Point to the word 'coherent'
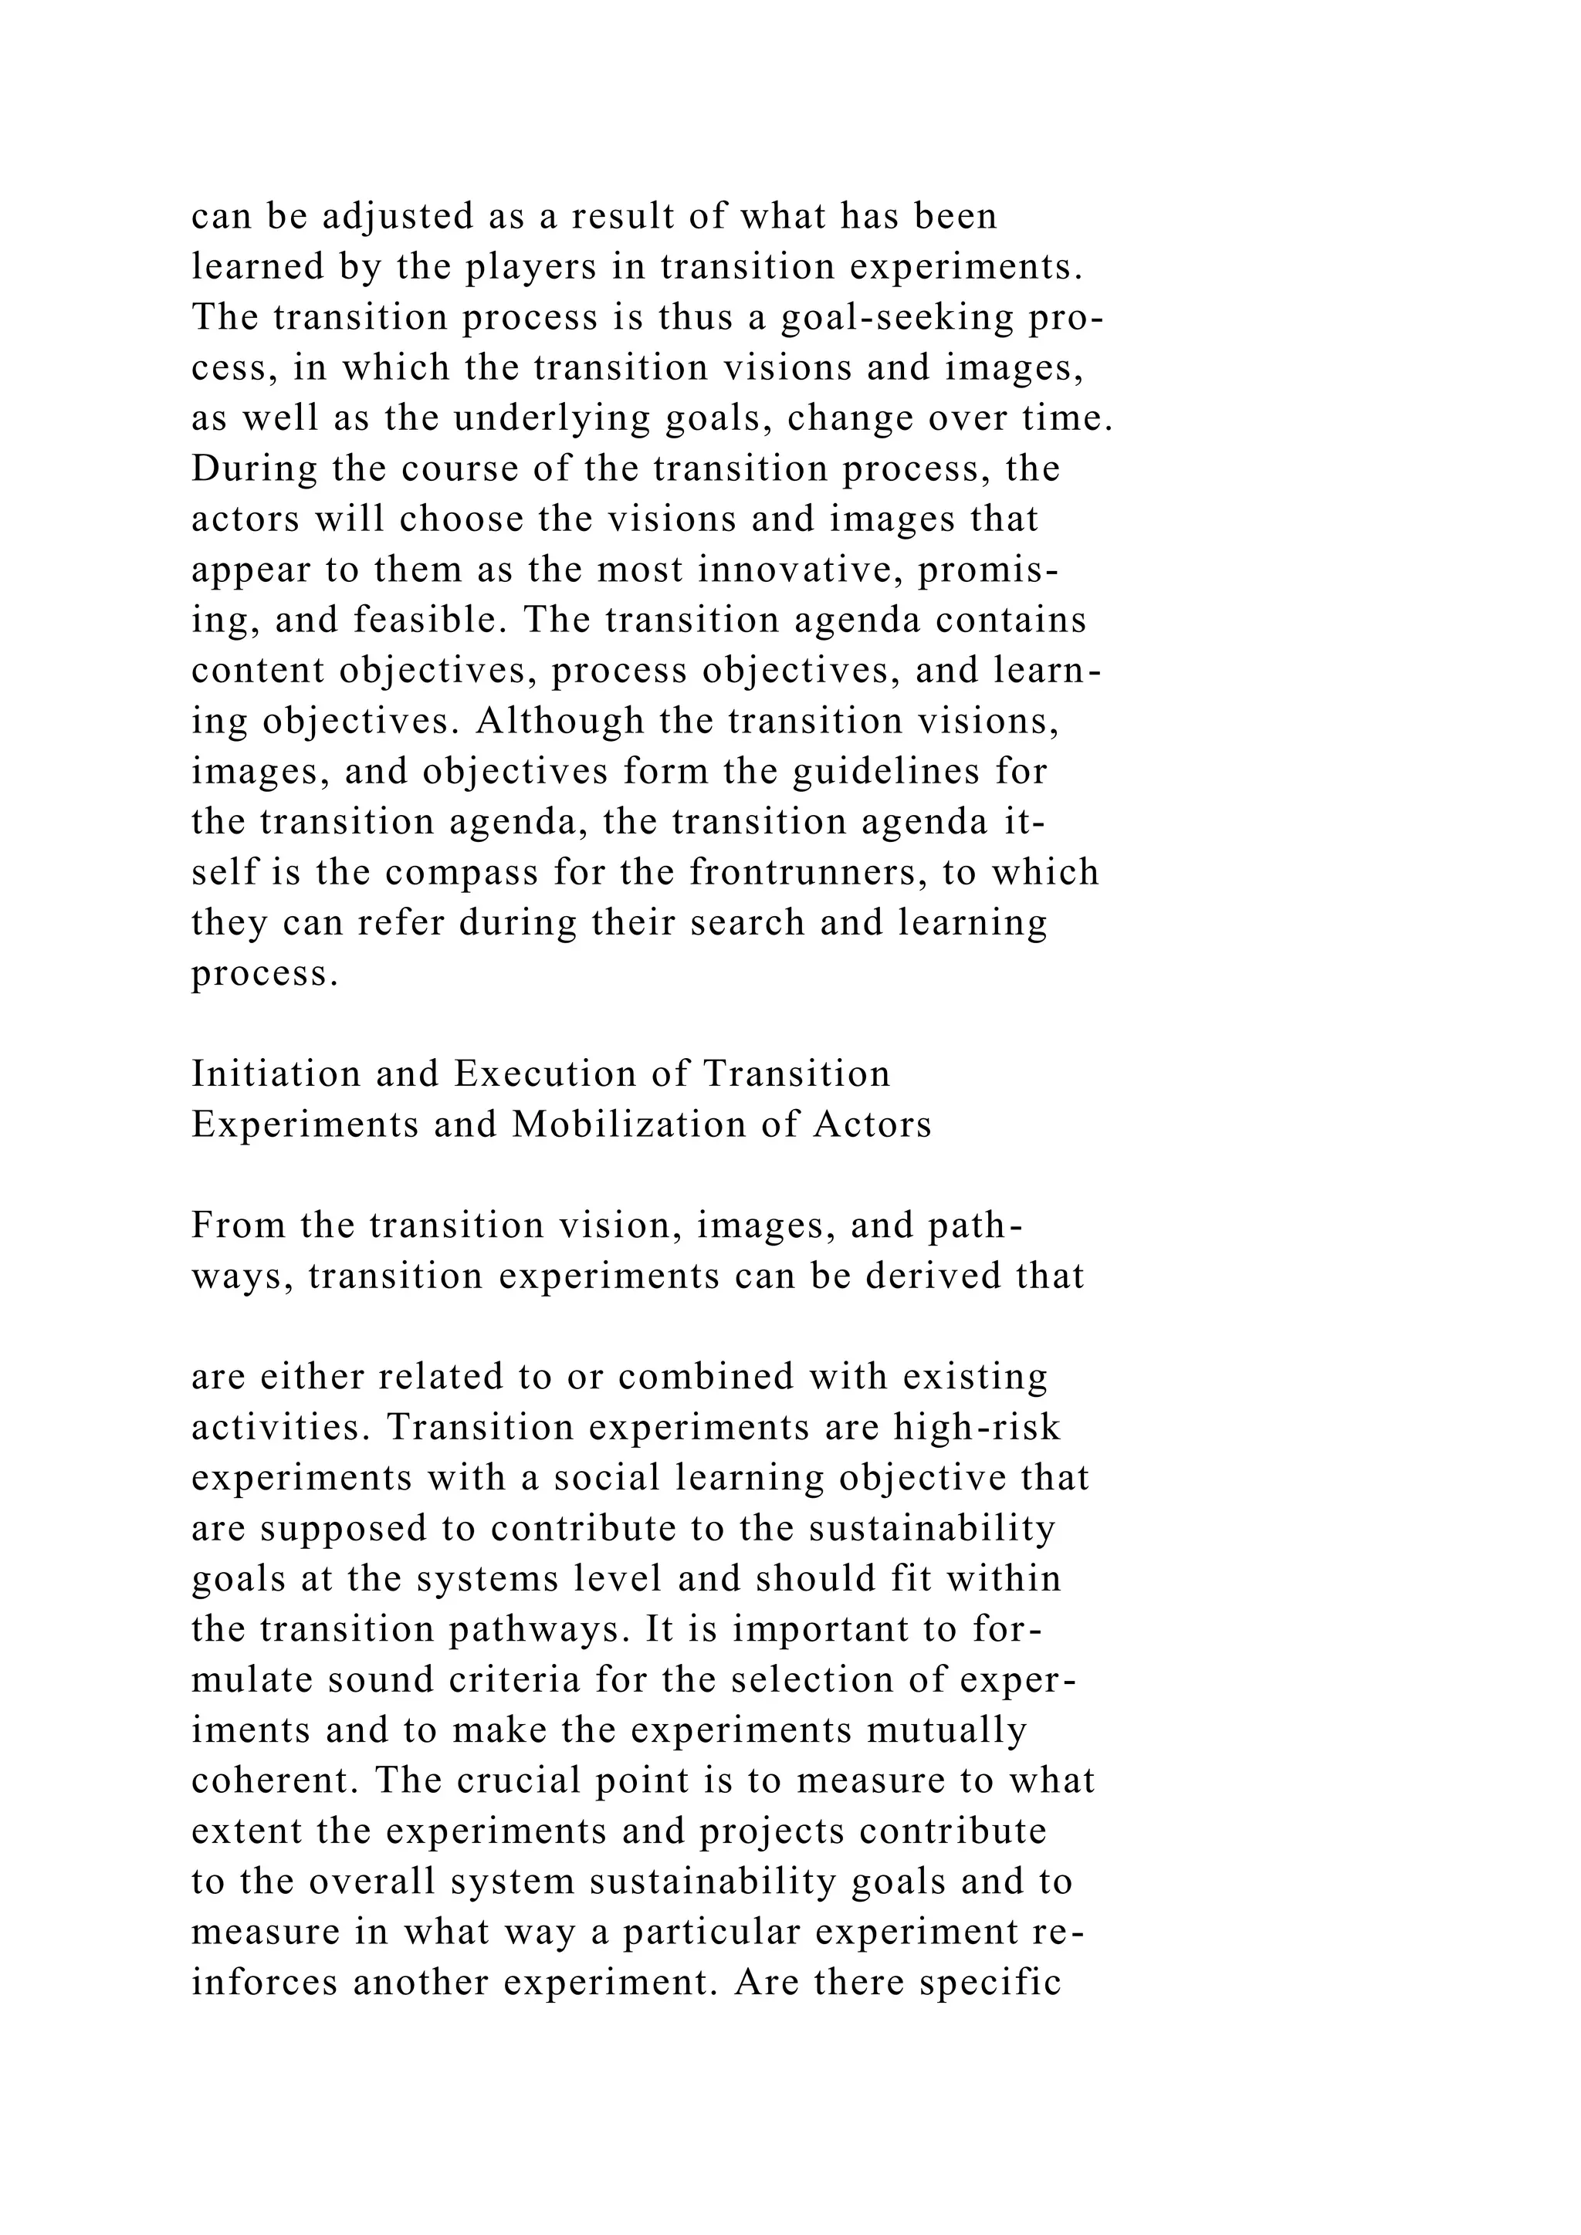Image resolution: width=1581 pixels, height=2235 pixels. [x=276, y=1781]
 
